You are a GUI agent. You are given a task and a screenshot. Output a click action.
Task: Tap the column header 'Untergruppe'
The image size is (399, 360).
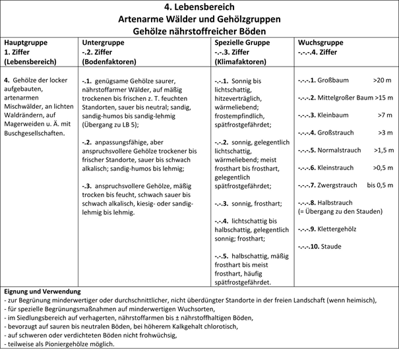(x=102, y=41)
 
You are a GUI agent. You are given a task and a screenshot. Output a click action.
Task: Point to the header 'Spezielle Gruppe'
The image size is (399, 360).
(x=241, y=41)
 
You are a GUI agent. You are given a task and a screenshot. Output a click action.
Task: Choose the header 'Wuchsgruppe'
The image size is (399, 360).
(x=319, y=41)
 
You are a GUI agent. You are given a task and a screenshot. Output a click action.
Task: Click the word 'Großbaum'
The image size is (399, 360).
(x=333, y=80)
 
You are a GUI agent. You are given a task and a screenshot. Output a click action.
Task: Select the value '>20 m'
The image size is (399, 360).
(x=382, y=80)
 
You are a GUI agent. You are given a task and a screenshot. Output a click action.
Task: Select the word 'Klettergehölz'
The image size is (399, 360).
(x=339, y=229)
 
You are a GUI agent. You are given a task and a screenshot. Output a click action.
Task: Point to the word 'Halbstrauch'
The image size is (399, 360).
(x=336, y=202)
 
